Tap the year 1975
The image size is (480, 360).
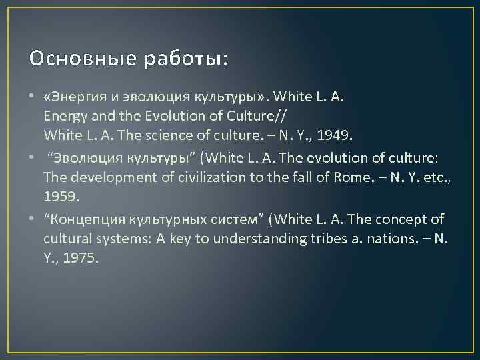click(x=81, y=258)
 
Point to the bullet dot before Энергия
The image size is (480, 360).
click(x=32, y=97)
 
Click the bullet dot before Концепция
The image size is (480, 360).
click(x=32, y=219)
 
